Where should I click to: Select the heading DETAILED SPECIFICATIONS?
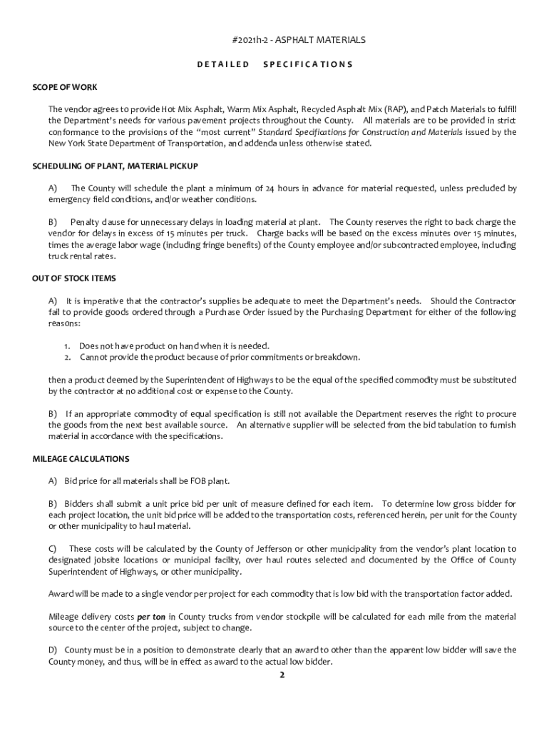[x=274, y=64]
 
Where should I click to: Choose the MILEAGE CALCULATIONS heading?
[x=81, y=458]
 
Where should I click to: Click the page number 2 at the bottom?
[x=282, y=675]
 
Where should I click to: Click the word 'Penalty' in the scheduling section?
[x=86, y=223]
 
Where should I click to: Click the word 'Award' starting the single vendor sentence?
[x=60, y=594]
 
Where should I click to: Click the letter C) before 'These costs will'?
[x=53, y=549]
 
